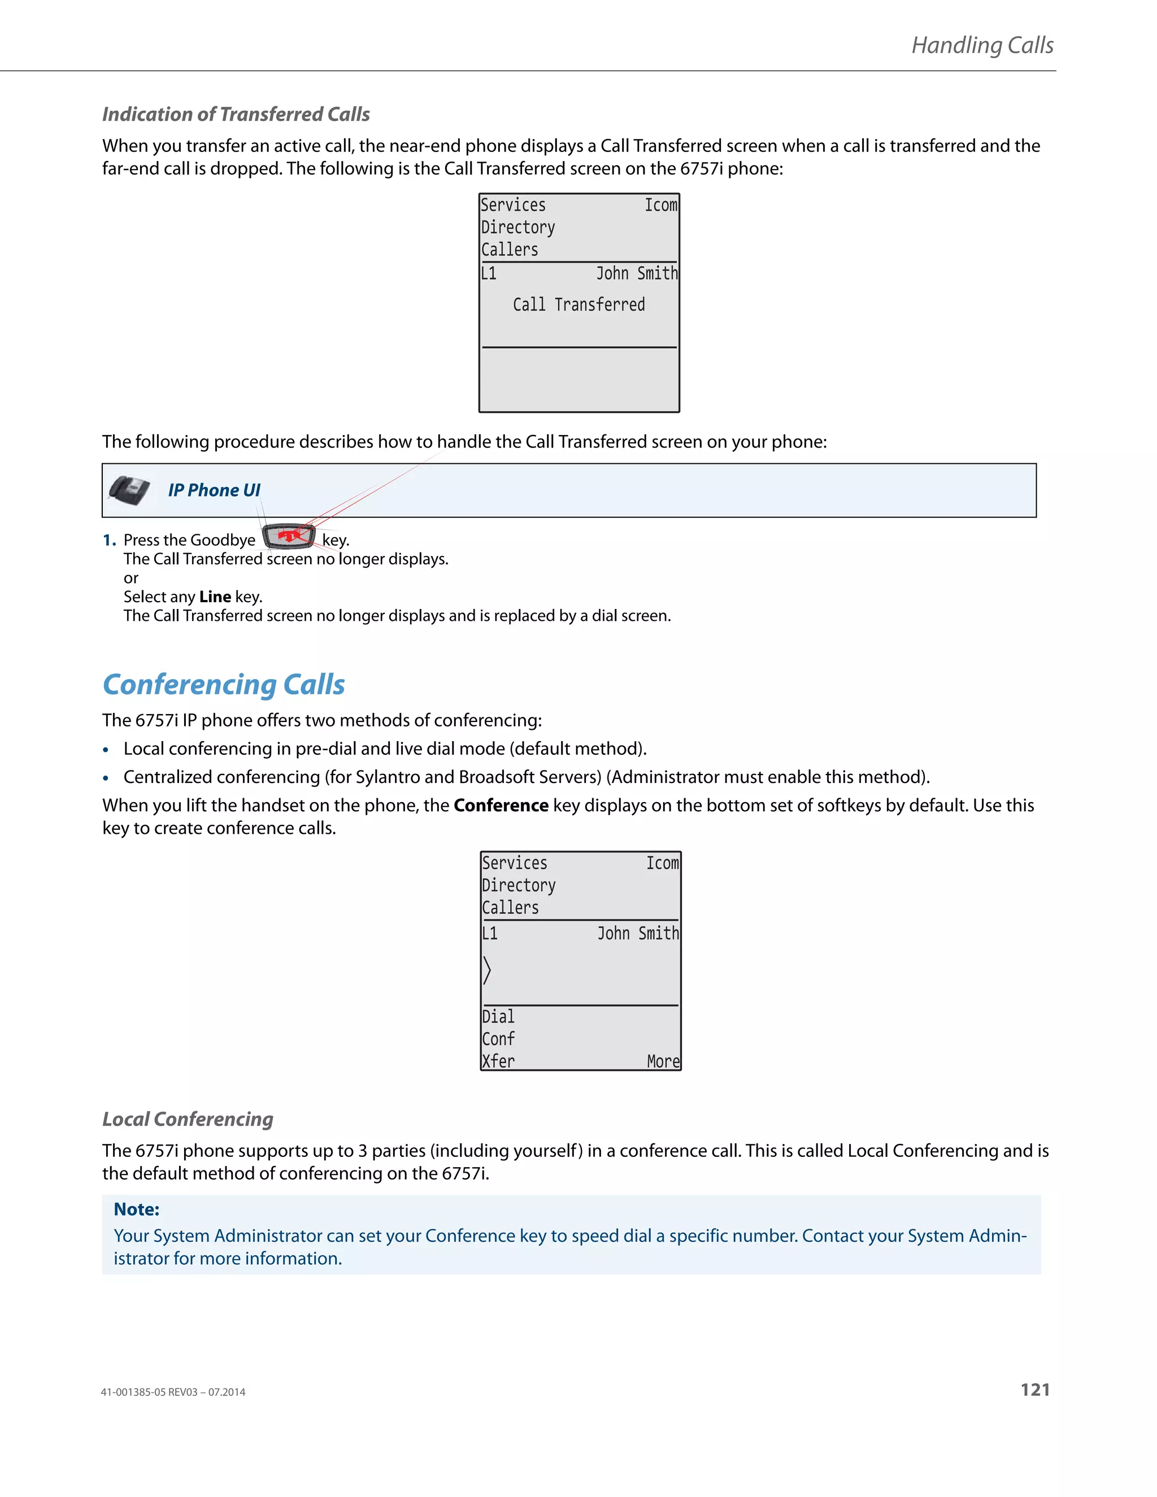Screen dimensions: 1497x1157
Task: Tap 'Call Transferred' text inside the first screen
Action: pos(578,304)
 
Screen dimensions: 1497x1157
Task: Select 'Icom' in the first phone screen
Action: pos(660,205)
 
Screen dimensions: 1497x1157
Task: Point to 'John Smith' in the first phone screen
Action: pos(636,273)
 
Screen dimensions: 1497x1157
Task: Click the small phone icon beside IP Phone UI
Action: pos(129,490)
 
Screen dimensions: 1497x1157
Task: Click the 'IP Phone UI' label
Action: pos(214,490)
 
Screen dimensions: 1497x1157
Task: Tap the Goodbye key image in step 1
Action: pos(289,536)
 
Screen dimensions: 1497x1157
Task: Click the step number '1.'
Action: pos(109,540)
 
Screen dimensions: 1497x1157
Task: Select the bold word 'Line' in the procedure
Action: pos(215,597)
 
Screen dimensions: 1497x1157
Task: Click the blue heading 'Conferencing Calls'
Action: pos(224,684)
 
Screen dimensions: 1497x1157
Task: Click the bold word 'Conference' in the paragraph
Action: pos(501,806)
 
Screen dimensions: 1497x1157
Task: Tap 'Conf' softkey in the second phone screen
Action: pos(498,1038)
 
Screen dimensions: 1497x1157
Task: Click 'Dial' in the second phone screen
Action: pos(498,1016)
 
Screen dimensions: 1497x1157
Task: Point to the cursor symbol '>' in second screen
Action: pos(486,970)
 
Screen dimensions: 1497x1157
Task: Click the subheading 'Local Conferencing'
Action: pos(188,1119)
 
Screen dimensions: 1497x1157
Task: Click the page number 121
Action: pos(1034,1390)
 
